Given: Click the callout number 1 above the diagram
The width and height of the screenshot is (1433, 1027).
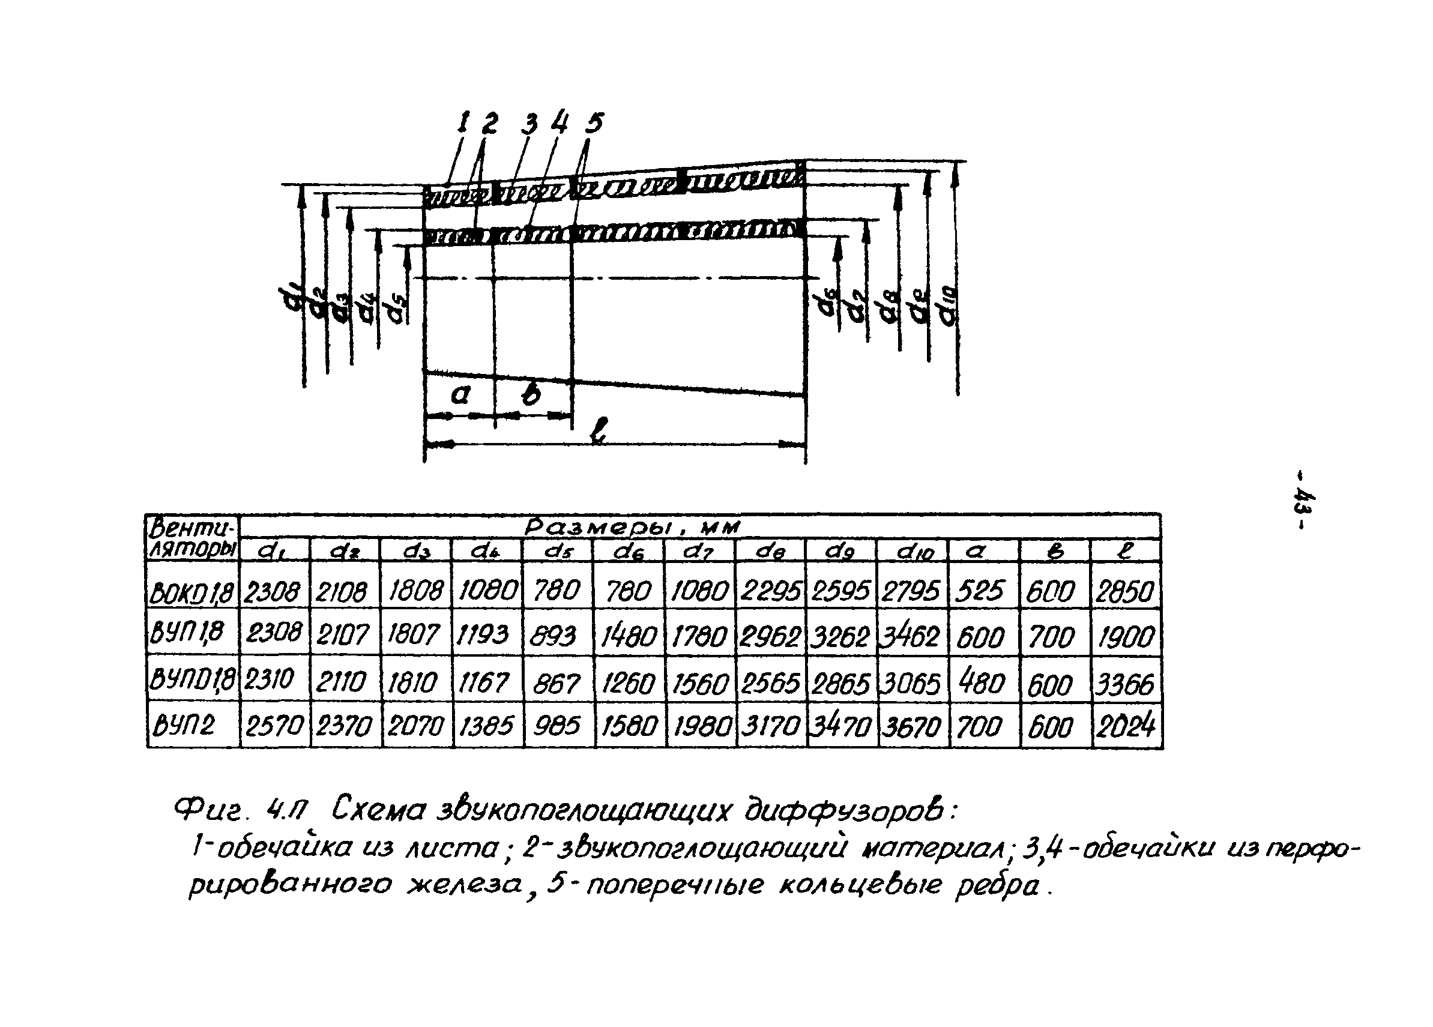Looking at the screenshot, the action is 465,122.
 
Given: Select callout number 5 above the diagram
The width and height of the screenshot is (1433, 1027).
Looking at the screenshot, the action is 594,122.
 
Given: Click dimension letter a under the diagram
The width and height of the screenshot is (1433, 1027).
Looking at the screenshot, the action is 460,395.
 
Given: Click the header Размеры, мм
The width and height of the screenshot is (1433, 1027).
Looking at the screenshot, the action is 632,527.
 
